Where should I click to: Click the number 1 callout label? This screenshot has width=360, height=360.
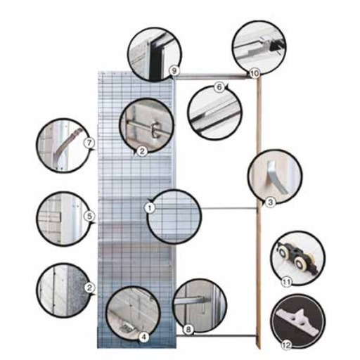click(150, 207)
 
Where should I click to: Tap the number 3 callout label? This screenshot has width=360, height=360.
click(270, 202)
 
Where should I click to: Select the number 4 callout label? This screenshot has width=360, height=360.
click(143, 337)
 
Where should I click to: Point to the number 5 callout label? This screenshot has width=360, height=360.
click(89, 216)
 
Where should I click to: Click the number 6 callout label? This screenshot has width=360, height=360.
click(219, 87)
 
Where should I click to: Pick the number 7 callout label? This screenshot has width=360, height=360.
click(89, 143)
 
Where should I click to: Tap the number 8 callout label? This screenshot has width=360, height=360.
click(188, 330)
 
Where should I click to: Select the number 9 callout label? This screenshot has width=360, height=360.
click(174, 70)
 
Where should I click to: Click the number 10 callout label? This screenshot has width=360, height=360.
click(255, 73)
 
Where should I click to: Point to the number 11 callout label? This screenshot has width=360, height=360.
click(285, 282)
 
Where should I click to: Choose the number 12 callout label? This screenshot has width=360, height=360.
click(287, 345)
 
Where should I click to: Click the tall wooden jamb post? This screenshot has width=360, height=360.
click(258, 211)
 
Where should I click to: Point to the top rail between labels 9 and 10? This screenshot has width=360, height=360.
click(213, 76)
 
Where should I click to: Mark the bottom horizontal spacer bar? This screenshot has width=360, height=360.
click(216, 336)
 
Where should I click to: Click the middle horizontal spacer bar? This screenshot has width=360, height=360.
click(229, 208)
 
